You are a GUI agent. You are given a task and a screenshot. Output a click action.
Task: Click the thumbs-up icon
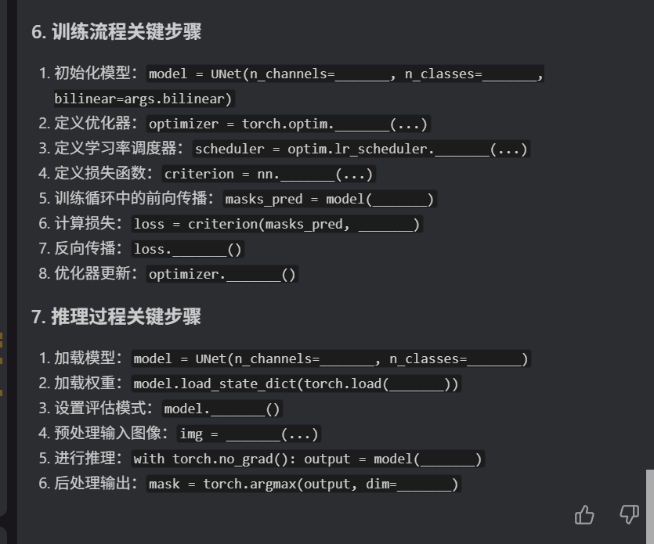point(584,514)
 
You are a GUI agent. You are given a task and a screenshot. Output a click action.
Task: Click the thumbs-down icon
point(629,514)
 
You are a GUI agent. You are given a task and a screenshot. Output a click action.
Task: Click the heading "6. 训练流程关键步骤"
point(116,32)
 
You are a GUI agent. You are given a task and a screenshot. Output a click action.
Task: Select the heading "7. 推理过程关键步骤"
point(116,317)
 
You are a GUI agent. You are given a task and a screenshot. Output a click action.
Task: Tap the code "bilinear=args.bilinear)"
point(143,99)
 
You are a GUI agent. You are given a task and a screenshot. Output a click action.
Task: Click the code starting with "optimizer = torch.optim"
point(288,124)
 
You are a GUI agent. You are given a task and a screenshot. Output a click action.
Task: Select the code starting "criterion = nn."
point(269,174)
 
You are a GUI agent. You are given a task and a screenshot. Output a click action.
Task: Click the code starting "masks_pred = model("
point(329,199)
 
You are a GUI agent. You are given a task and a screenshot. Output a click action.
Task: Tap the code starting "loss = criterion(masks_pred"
point(276,224)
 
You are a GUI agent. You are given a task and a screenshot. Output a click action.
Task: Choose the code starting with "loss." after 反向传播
point(188,249)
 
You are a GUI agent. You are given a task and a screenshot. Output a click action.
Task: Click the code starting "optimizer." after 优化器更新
point(222,274)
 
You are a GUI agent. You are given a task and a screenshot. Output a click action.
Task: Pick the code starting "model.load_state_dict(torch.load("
point(295,384)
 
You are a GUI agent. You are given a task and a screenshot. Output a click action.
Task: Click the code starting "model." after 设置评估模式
point(222,409)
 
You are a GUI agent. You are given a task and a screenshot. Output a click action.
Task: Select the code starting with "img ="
point(249,434)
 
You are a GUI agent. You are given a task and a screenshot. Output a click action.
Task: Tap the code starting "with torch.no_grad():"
point(308,459)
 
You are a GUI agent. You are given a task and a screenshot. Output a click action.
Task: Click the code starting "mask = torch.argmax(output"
point(303,484)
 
